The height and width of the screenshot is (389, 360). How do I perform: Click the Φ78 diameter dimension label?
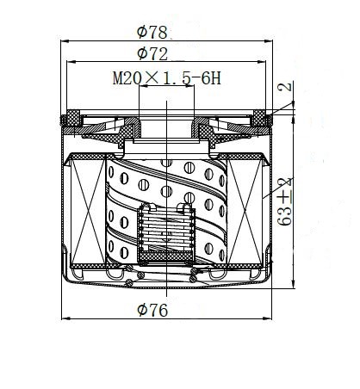tap(152, 32)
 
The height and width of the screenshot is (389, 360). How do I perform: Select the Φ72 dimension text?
tap(152, 53)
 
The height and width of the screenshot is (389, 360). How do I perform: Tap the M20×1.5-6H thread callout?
tap(167, 78)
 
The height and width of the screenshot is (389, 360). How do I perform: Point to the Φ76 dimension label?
tap(152, 310)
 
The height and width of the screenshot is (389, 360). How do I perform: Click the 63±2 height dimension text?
tap(286, 201)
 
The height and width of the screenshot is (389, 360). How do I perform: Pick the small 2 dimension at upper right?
tap(285, 87)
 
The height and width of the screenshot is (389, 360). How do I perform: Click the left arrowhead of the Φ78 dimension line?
tap(65, 41)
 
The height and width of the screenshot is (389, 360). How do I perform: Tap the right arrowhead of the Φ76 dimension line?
tap(268, 318)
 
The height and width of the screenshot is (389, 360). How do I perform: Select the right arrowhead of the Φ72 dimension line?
tap(262, 62)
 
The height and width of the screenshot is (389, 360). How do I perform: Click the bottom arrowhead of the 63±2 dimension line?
tap(293, 285)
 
